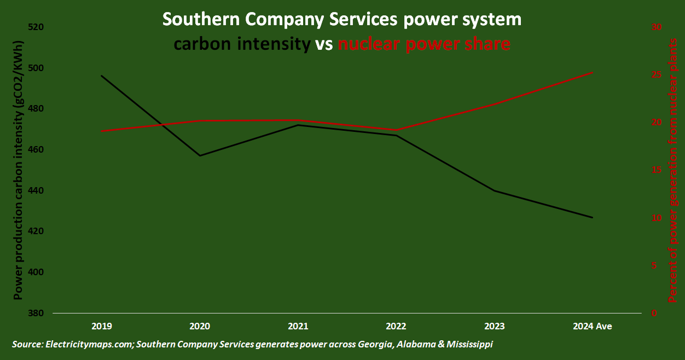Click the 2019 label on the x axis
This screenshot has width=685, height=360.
point(102,326)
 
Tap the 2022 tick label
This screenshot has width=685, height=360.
point(396,326)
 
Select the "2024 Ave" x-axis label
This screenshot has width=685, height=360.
point(592,326)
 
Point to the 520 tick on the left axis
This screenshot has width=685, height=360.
point(35,27)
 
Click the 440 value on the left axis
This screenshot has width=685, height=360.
point(35,190)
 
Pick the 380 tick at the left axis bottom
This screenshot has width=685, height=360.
point(35,313)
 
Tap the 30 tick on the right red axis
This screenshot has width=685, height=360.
point(655,27)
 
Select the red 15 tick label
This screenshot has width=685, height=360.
point(655,170)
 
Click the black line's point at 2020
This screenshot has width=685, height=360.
point(200,155)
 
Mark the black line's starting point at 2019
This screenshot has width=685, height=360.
point(102,76)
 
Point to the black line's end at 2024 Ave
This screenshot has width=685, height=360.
point(592,217)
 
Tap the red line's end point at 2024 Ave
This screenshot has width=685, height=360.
point(592,73)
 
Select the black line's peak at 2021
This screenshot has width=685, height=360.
point(298,125)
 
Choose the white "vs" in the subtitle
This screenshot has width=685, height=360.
point(324,44)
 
